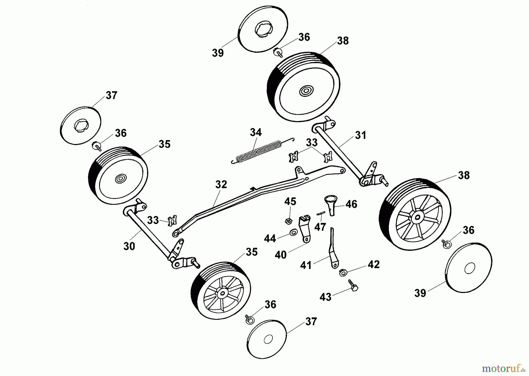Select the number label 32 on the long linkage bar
[221, 185]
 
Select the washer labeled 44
[293, 233]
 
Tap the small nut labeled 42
[342, 273]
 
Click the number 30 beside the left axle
[129, 246]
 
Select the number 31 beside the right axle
[361, 136]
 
